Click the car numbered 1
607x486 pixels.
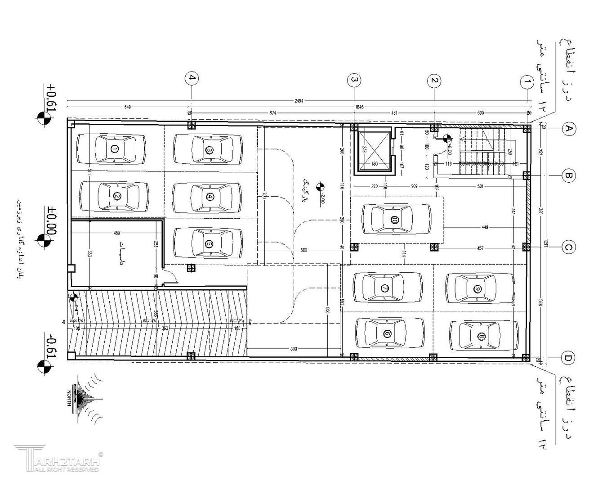pyautogui.click(x=111, y=149)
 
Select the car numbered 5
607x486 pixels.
pyautogui.click(x=208, y=243)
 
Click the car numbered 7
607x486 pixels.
pyautogui.click(x=387, y=288)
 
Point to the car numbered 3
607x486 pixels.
pyautogui.click(x=208, y=150)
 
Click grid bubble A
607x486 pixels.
pyautogui.click(x=569, y=129)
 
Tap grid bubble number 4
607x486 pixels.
pyautogui.click(x=192, y=78)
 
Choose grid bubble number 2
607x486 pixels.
pyautogui.click(x=434, y=81)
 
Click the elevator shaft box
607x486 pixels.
pyautogui.click(x=374, y=150)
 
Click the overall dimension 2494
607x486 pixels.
pyautogui.click(x=299, y=101)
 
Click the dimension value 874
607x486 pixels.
pyautogui.click(x=272, y=112)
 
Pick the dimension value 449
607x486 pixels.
pyautogui.click(x=485, y=227)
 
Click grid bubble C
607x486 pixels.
pyautogui.click(x=568, y=247)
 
